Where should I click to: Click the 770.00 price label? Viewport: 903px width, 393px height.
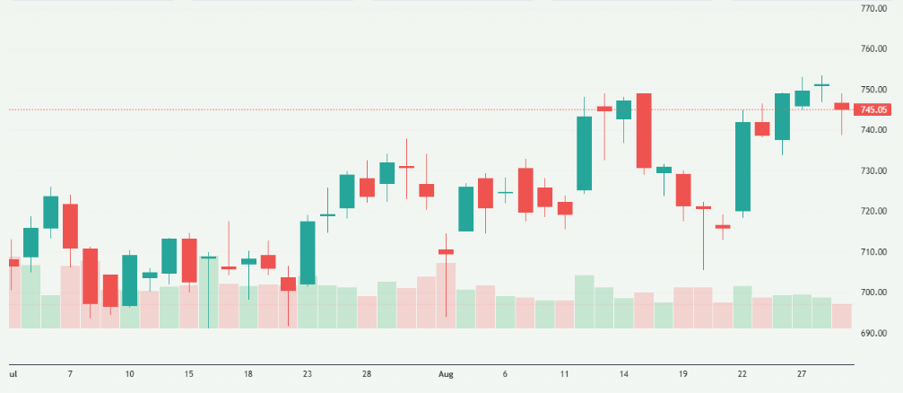coord(873,8)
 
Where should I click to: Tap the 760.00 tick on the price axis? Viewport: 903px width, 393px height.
coord(873,49)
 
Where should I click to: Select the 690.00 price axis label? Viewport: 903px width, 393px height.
coord(873,334)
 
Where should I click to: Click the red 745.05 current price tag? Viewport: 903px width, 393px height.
coord(873,110)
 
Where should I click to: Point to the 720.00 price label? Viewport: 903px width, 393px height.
coord(873,212)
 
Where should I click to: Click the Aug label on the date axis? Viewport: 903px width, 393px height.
coord(447,372)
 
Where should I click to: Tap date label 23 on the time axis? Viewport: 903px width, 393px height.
coord(308,372)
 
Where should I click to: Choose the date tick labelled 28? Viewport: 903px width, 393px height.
coord(367,372)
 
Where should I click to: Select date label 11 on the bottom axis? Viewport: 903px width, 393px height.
coord(564,372)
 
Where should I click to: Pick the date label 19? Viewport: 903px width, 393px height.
coord(683,372)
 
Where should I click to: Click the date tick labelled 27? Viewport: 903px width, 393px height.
coord(802,372)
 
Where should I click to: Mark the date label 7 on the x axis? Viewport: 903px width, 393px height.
coord(70,372)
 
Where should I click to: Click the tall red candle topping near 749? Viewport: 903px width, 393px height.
coord(644,130)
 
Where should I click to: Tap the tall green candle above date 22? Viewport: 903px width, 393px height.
coord(742,166)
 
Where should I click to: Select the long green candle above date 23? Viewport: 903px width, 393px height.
coord(308,252)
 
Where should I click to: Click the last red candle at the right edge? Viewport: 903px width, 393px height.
coord(841,106)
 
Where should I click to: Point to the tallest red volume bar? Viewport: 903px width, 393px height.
coord(446,295)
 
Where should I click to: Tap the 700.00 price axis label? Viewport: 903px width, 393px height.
coord(873,293)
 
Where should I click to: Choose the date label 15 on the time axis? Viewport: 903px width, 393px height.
coord(189,372)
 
